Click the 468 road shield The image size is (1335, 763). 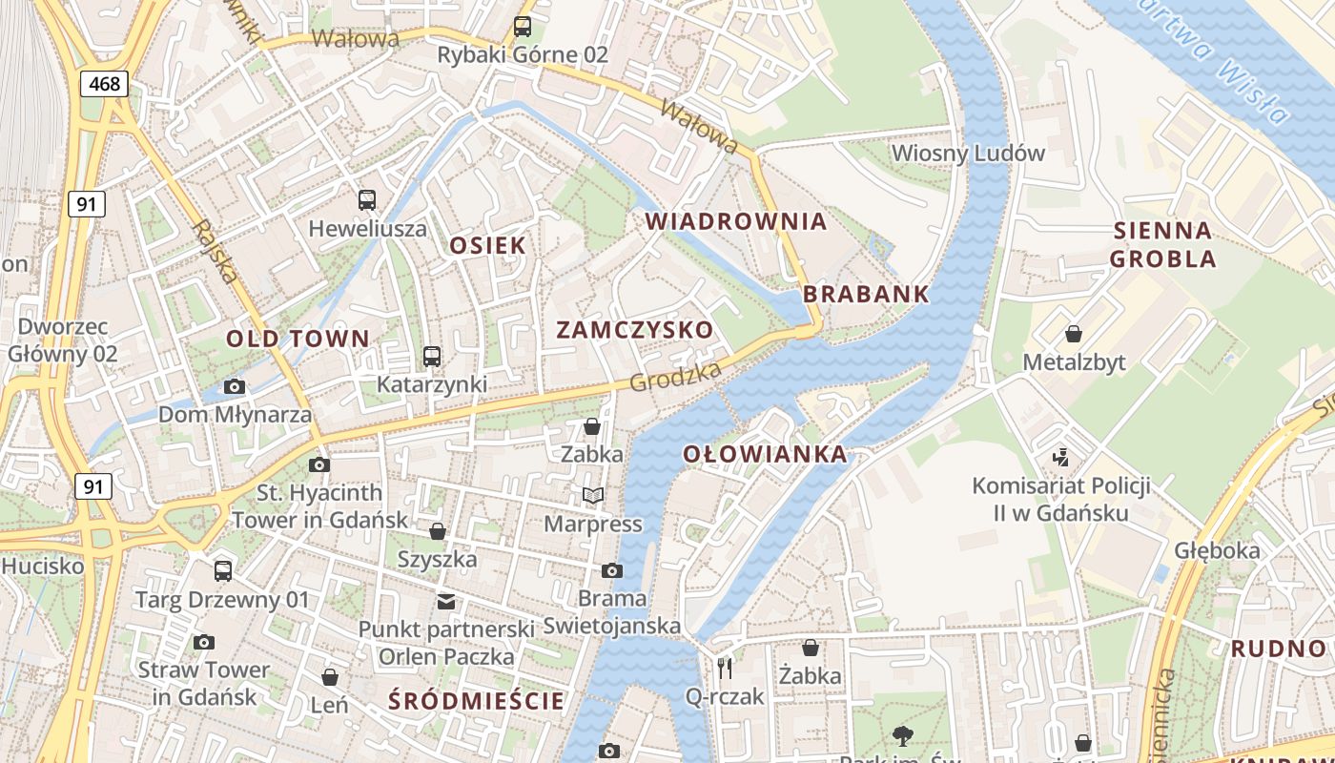(104, 84)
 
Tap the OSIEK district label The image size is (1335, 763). (487, 245)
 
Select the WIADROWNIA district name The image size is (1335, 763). (736, 221)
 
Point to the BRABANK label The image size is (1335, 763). (866, 294)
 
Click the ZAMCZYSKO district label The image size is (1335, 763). (634, 330)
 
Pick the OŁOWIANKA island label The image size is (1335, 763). (765, 454)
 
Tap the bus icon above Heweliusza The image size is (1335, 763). (367, 200)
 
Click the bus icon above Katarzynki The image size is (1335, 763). (432, 357)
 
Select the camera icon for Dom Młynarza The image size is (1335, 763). (235, 386)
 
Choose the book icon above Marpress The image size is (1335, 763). (593, 495)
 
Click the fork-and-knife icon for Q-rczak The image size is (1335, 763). (725, 668)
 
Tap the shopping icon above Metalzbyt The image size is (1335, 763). (1074, 334)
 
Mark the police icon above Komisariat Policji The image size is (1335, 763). (1060, 457)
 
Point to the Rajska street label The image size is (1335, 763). (215, 252)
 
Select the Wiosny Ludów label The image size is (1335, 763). (968, 153)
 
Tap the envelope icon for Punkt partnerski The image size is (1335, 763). (445, 601)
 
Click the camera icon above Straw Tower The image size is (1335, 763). (203, 642)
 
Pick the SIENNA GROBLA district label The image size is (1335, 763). (1162, 244)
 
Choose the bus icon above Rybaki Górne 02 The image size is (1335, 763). (523, 27)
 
